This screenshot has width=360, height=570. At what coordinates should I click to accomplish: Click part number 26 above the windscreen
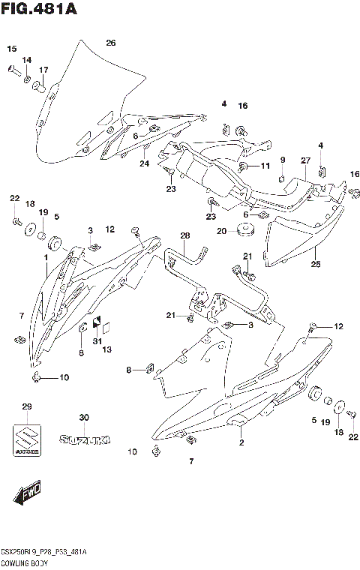click(111, 43)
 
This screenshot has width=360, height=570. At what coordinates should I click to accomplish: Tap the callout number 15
click(12, 49)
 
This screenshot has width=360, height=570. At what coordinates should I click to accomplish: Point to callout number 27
click(305, 160)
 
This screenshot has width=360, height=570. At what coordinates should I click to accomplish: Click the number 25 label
click(315, 264)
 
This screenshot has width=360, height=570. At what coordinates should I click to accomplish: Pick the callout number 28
click(185, 236)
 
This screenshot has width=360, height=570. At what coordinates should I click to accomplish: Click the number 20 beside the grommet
click(220, 231)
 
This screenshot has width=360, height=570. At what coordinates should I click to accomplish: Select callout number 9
click(283, 160)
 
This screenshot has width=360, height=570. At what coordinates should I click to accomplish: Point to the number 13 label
click(106, 350)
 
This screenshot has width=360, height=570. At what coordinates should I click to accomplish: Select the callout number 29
click(27, 406)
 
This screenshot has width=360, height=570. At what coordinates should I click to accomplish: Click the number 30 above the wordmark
click(84, 418)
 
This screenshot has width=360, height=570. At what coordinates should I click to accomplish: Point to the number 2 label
click(241, 443)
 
